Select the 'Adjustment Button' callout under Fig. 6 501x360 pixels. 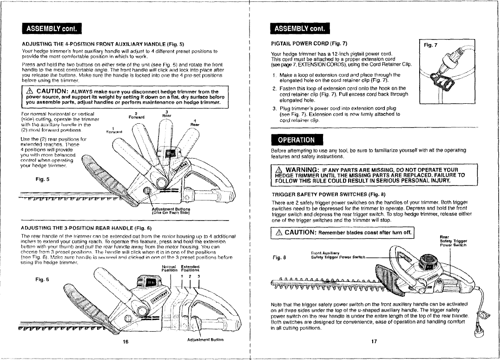pos(206,340)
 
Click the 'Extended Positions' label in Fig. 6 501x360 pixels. pos(189,269)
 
